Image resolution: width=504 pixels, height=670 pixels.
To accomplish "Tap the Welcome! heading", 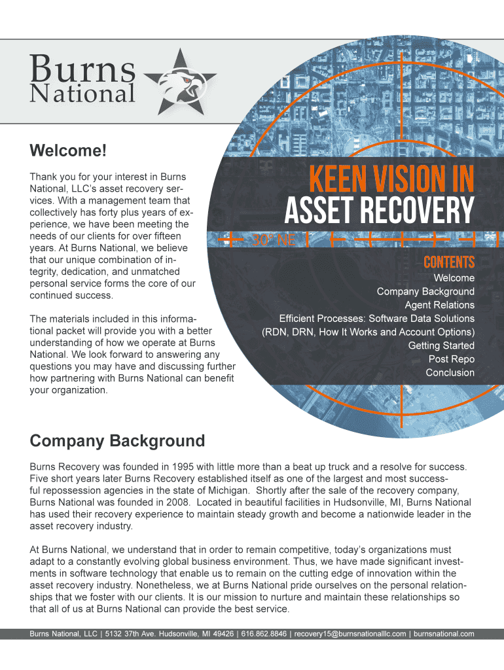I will (x=67, y=151).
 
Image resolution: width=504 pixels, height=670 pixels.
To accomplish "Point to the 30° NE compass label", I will (x=274, y=240).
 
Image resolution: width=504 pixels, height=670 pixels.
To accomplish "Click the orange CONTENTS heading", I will (x=448, y=263).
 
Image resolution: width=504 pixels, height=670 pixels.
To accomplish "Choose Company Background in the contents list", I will (x=425, y=291).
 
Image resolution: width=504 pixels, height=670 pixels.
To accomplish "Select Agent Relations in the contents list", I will (x=439, y=305).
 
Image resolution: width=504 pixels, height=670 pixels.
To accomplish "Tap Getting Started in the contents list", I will (x=441, y=345).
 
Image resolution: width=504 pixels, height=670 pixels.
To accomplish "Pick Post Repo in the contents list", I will (x=452, y=359).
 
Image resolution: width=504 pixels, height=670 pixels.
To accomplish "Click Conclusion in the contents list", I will (x=450, y=372).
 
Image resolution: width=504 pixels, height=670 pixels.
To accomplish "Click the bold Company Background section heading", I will (x=117, y=441).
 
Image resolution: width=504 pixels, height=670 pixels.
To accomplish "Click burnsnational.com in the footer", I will (x=444, y=634).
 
